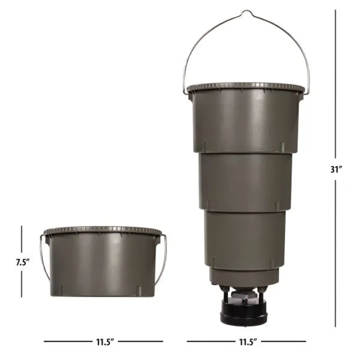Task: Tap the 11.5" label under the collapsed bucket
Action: click(102, 342)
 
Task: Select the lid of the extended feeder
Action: click(245, 88)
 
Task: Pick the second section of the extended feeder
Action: click(245, 180)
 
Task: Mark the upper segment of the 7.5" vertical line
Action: click(22, 238)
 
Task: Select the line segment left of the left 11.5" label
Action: click(64, 342)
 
